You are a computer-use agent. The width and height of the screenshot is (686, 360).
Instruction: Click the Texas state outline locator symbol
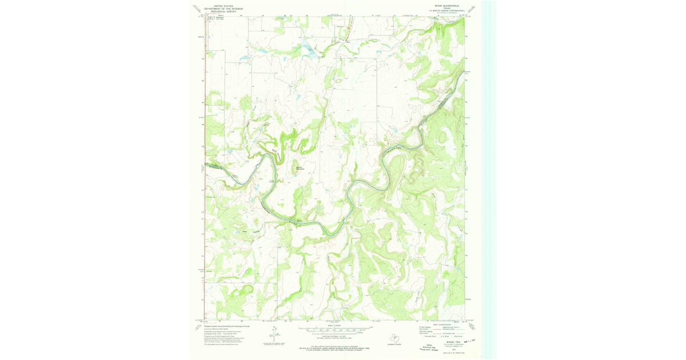tap(393, 337)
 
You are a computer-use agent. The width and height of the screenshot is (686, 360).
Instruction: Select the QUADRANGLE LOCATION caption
tap(393, 345)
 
